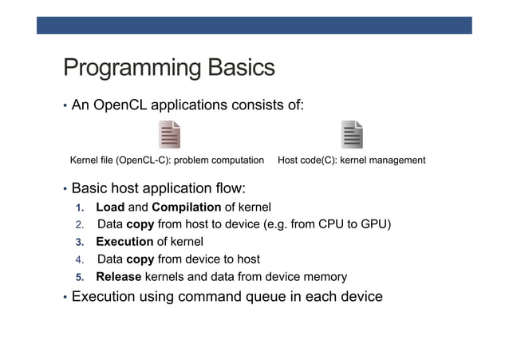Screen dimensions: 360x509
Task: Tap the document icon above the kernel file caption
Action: click(169, 134)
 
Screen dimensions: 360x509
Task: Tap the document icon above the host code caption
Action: click(352, 134)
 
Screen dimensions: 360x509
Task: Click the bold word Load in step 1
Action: click(109, 208)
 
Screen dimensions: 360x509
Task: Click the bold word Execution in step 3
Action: click(124, 242)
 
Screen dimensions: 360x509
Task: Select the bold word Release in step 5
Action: click(118, 277)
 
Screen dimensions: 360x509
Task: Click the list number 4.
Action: click(80, 259)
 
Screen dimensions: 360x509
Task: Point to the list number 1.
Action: click(80, 208)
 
